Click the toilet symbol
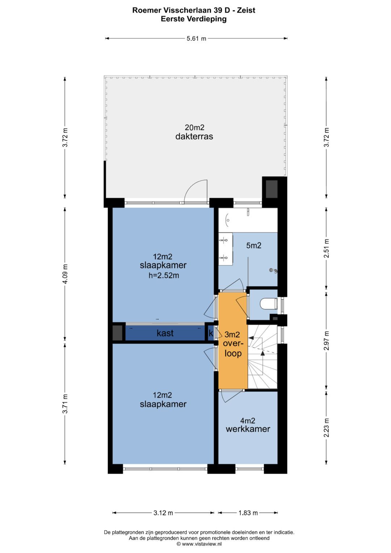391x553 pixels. [x=269, y=304]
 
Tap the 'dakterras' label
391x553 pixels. [x=194, y=137]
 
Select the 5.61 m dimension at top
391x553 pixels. [x=196, y=38]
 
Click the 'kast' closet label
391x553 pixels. [x=165, y=333]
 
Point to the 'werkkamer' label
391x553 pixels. [x=248, y=429]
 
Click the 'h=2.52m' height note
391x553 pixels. [x=164, y=275]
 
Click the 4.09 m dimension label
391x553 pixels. [x=65, y=274]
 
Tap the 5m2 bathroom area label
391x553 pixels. [x=254, y=246]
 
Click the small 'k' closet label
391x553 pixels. [x=211, y=333]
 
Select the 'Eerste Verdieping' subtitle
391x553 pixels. [x=194, y=19]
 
